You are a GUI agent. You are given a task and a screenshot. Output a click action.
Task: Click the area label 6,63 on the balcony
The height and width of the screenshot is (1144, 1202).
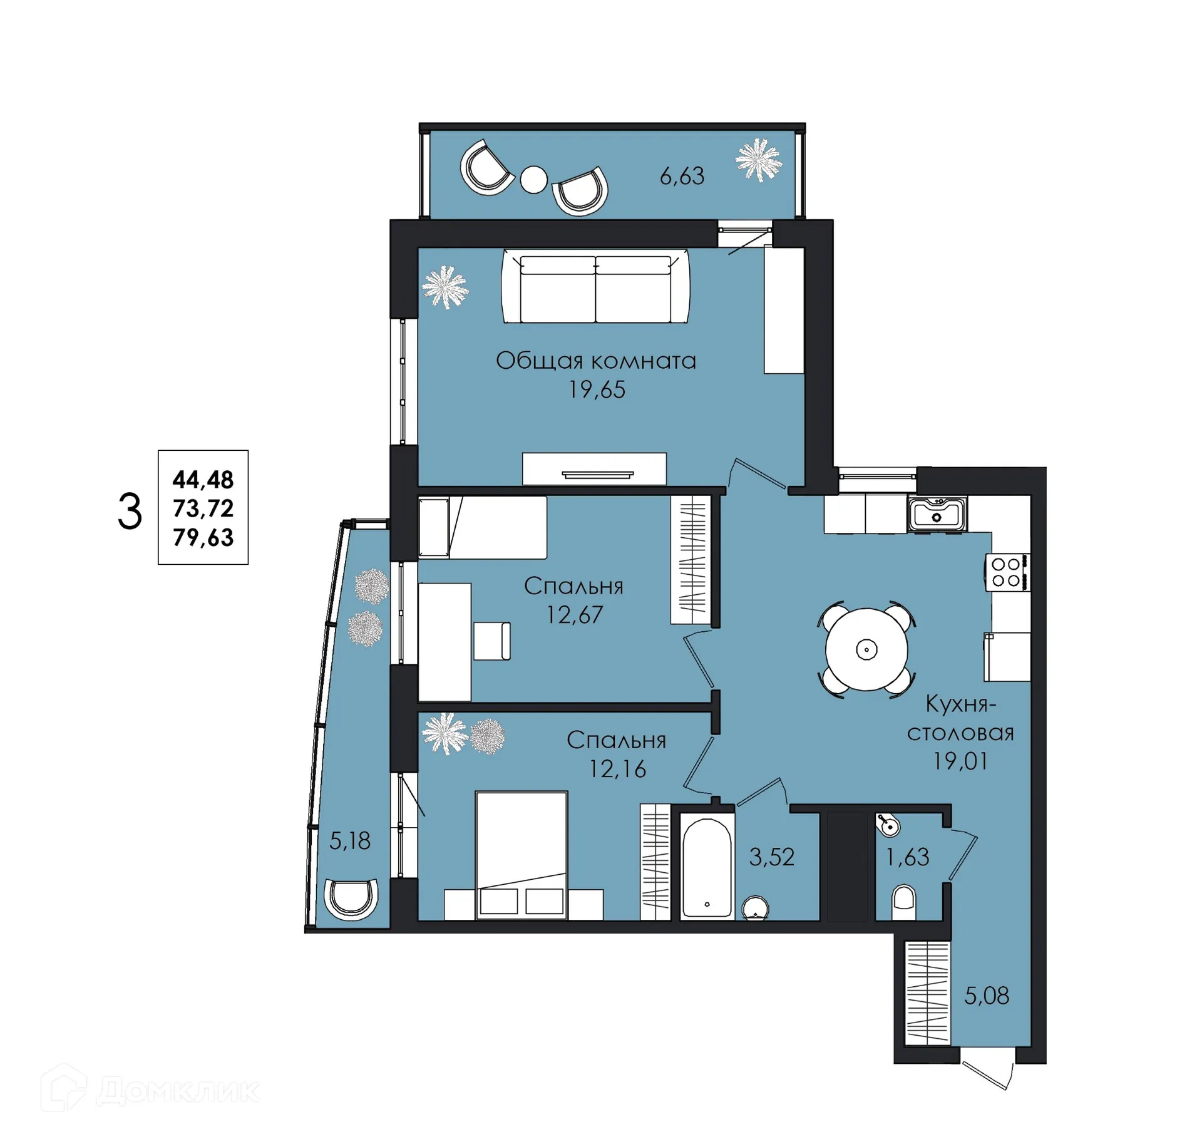[x=682, y=176]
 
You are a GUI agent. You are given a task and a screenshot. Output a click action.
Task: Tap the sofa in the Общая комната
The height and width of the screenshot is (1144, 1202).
[x=595, y=287]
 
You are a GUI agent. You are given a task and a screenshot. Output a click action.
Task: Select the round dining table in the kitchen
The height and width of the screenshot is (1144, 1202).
[x=866, y=649]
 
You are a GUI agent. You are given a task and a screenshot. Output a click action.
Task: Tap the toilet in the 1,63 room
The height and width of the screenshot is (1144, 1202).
[x=903, y=902]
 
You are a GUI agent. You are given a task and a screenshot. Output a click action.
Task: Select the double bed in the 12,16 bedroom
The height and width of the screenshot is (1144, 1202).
[x=521, y=855]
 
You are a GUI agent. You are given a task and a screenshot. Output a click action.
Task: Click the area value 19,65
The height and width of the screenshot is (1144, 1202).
[x=597, y=389]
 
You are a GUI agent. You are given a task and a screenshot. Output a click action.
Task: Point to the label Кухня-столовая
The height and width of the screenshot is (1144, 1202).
[x=960, y=718]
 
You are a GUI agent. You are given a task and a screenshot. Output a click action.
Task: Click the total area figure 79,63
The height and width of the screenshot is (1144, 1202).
[x=203, y=537]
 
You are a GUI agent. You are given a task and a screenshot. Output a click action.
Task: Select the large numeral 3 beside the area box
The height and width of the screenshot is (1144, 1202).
[x=130, y=512]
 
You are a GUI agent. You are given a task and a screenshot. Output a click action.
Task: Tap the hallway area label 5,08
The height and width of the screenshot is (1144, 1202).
[x=987, y=996]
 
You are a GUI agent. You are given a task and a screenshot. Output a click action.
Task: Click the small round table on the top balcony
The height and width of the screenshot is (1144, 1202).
[x=534, y=180]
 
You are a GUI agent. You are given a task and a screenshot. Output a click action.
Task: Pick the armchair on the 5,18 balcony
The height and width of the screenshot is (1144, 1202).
[x=351, y=899]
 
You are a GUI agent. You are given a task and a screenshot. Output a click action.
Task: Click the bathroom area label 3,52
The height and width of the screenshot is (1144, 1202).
[x=772, y=857]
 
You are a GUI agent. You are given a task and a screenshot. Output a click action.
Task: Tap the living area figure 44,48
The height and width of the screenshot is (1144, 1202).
[x=203, y=480]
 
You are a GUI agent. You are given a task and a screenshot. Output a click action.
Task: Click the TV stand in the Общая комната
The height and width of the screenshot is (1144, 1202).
[x=594, y=468]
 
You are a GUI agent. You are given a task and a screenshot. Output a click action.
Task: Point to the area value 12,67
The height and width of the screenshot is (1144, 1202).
[x=575, y=615]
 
